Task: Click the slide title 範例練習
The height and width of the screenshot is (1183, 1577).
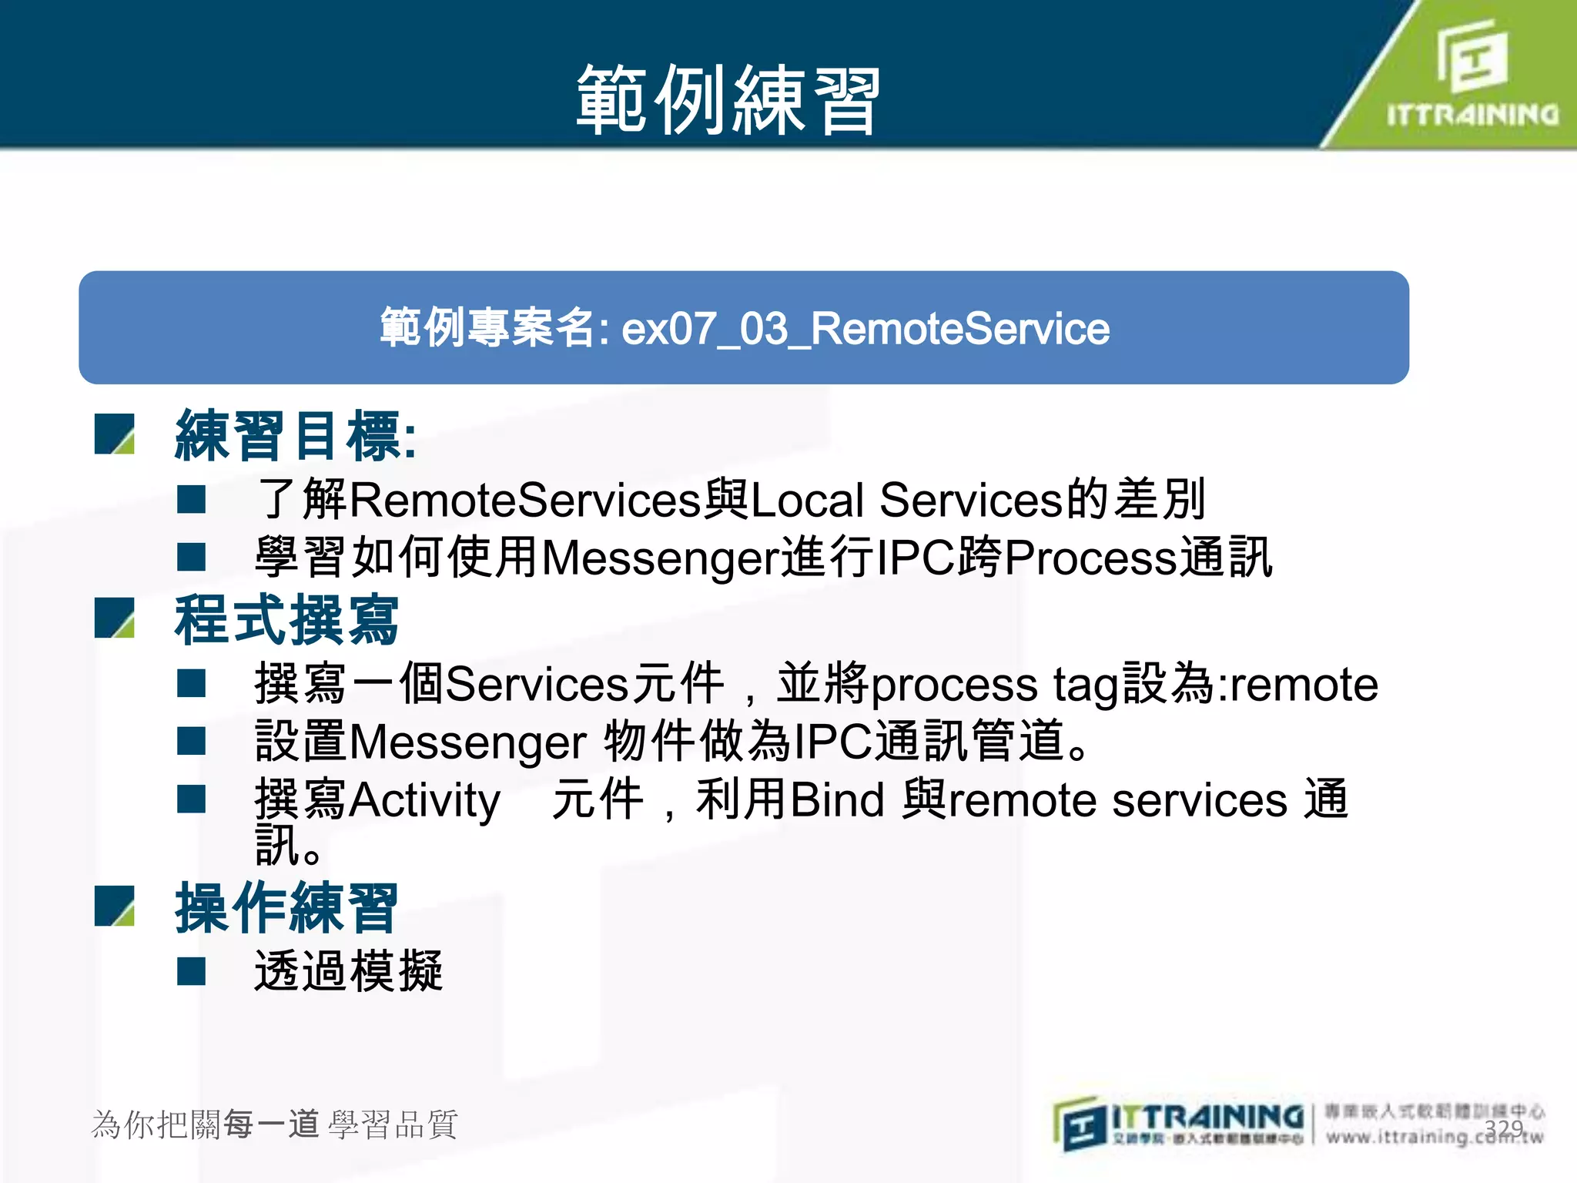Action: [x=728, y=100]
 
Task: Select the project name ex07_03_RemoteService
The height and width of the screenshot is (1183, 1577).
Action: [x=865, y=329]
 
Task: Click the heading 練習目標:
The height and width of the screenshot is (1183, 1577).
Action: [x=296, y=436]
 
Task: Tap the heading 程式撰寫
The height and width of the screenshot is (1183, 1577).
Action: [x=286, y=621]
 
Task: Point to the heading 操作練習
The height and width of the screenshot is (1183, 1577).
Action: [x=286, y=908]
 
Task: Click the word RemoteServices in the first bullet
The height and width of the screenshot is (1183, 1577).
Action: [x=525, y=500]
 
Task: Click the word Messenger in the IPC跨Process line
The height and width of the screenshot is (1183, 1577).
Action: [x=661, y=558]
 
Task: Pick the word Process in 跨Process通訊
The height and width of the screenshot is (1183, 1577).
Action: [x=1090, y=558]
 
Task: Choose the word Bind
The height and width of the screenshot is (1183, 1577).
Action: [x=837, y=799]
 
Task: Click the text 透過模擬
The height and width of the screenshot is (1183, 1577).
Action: [x=348, y=971]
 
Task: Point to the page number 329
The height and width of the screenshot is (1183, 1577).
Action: [x=1504, y=1128]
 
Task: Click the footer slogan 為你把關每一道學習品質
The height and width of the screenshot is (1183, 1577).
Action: [x=274, y=1124]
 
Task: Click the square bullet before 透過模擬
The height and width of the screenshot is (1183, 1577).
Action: [x=191, y=971]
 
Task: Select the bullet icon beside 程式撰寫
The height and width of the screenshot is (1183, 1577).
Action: [x=115, y=618]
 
